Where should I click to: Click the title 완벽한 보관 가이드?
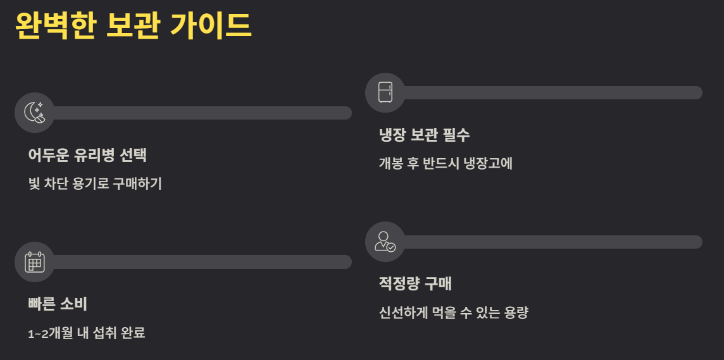pos(133,26)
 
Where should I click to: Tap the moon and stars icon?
pos(34,113)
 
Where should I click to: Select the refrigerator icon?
pos(385,92)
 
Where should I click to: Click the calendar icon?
pos(34,262)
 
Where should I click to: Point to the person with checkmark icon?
pos(385,242)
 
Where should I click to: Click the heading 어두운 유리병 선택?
pos(87,155)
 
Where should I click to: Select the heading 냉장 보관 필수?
pos(424,135)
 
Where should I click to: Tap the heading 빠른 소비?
pos(58,304)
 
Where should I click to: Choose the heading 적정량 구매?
pos(415,284)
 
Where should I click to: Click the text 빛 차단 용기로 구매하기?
pos(95,184)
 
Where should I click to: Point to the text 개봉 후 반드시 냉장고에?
pos(446,163)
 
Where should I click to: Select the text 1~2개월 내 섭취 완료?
pos(87,333)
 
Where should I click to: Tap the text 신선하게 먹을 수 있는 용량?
pos(453,313)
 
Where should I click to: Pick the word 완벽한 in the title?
pos(55,26)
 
